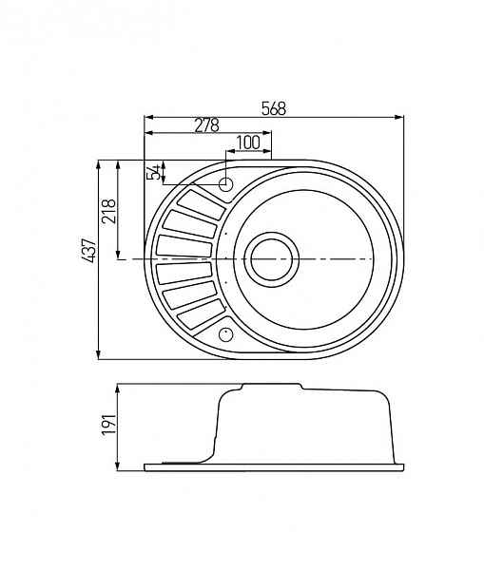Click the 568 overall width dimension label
click(274, 108)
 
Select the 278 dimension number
click(206, 124)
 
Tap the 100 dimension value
click(248, 142)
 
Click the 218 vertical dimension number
click(108, 211)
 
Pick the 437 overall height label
click(89, 251)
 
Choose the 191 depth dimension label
click(108, 424)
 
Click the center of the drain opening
click(271, 258)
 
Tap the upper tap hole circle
click(226, 184)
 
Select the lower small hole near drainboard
click(226, 333)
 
